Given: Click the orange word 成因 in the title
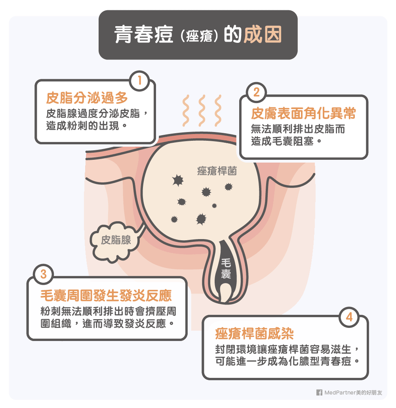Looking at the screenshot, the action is [263, 34].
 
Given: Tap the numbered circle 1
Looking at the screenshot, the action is [139, 80].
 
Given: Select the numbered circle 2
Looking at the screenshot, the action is [256, 92].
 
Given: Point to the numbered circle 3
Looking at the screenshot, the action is [44, 274].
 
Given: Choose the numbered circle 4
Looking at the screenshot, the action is [349, 317].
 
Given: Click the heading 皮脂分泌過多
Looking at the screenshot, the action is [87, 98].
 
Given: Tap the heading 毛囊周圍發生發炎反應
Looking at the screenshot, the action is [106, 295].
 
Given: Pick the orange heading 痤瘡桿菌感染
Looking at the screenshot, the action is [254, 333].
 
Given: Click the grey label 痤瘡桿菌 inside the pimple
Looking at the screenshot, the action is [217, 171].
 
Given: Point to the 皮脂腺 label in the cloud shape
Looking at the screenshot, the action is [116, 240].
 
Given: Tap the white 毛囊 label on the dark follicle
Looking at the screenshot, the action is [226, 268].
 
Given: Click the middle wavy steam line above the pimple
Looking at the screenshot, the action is [202, 111].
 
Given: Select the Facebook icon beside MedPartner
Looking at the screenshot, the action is [319, 393].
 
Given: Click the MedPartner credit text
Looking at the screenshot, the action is [353, 393].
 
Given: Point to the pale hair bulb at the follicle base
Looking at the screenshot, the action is [225, 293].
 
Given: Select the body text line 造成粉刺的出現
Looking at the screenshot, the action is [87, 126].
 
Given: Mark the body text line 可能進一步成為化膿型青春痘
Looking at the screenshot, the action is [287, 361].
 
